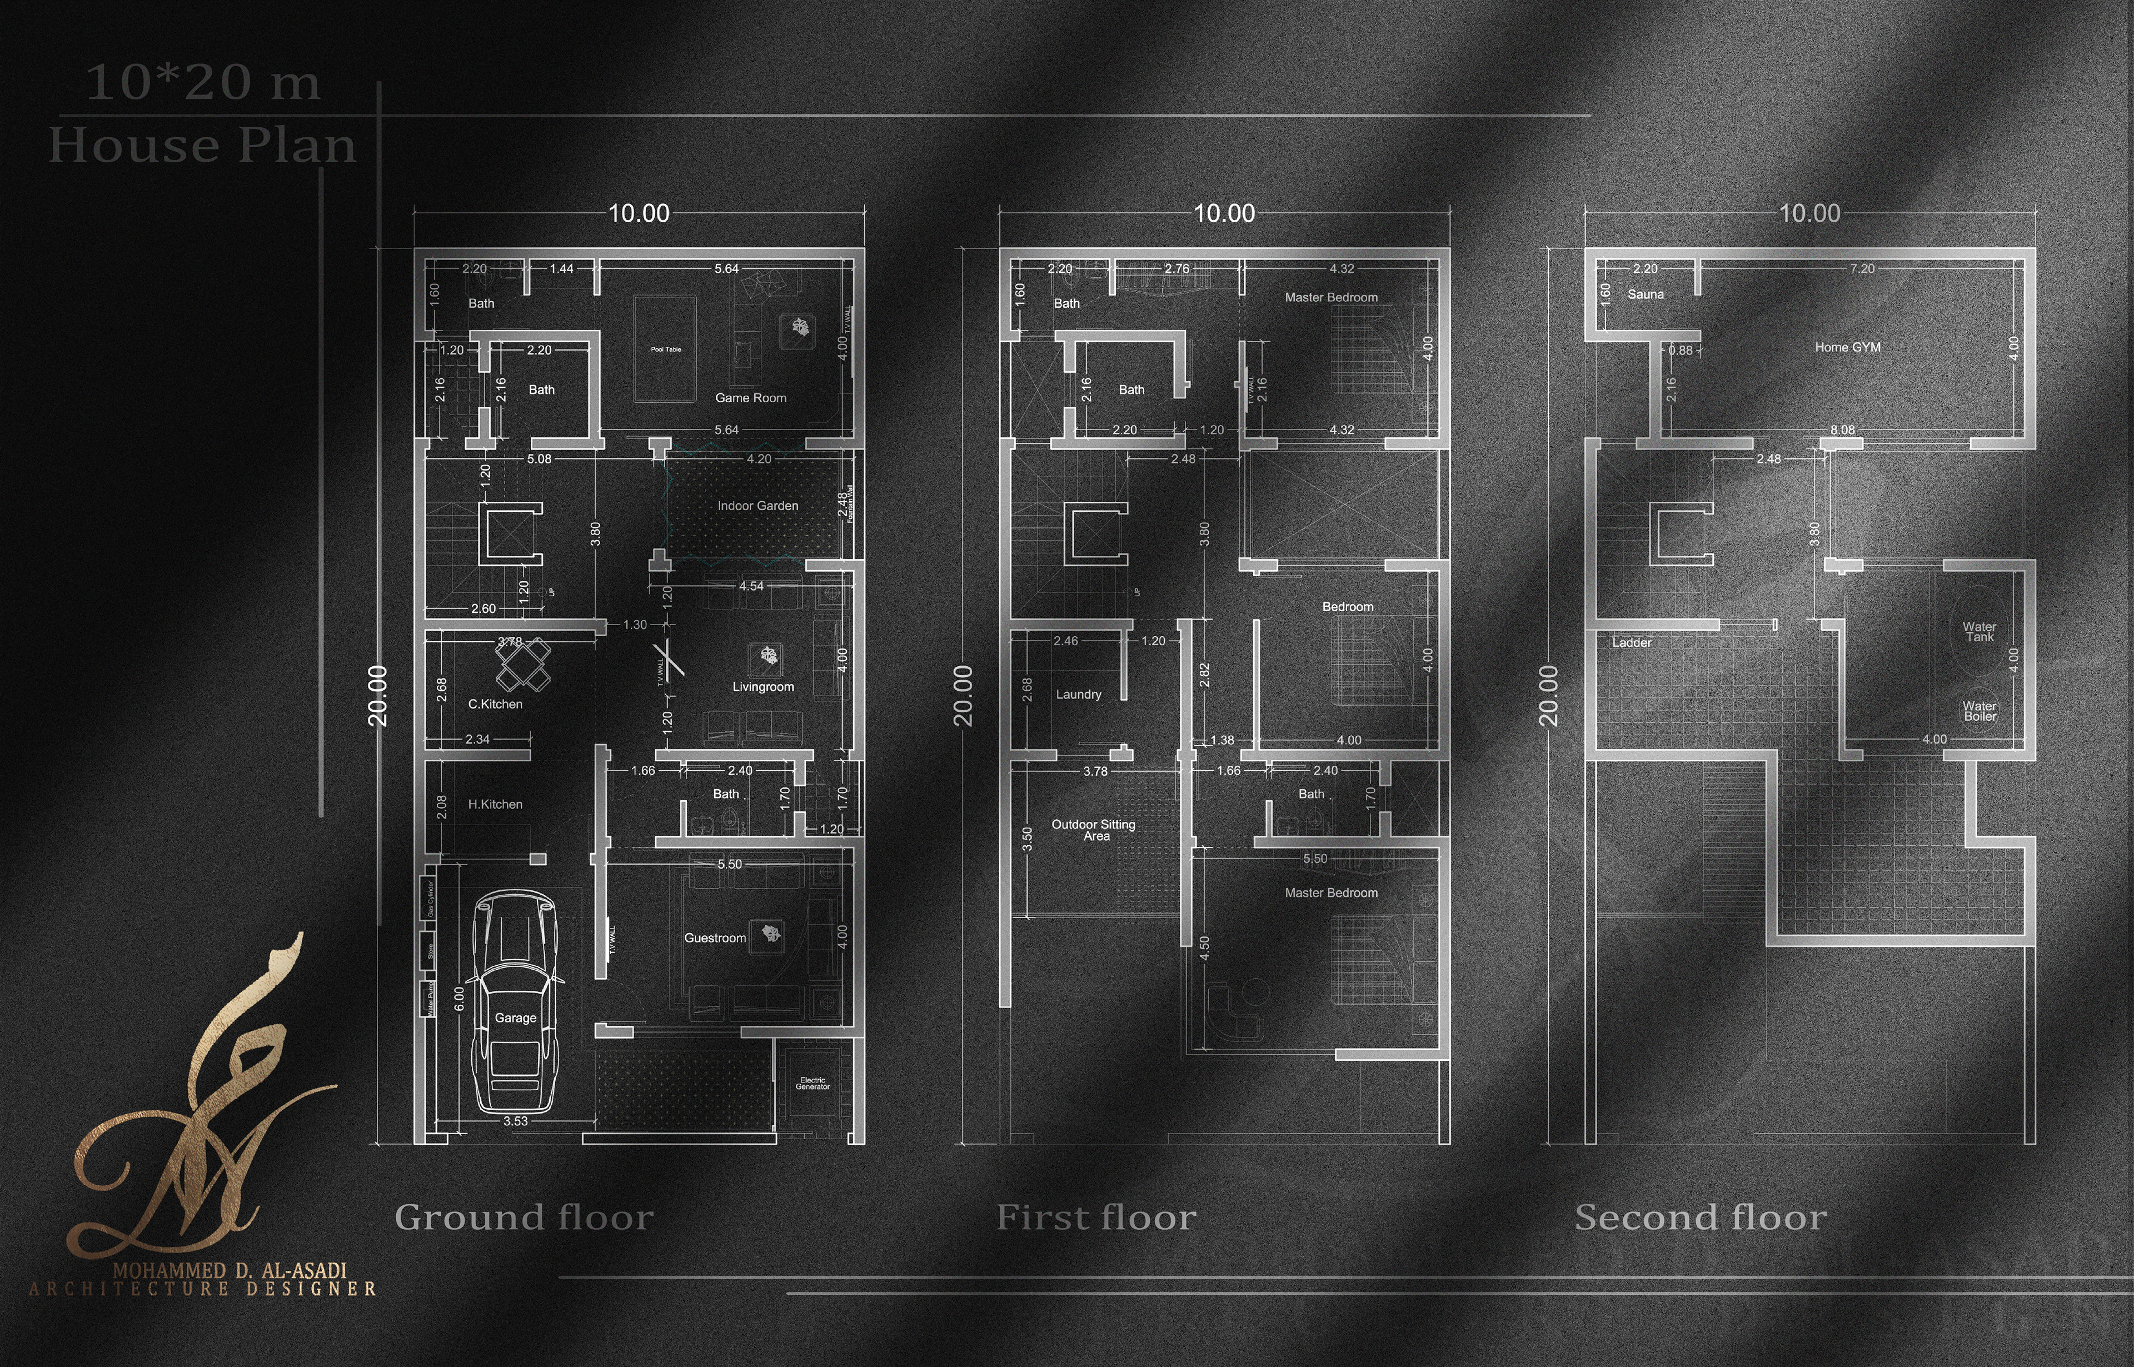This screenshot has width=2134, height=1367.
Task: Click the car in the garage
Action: click(516, 1001)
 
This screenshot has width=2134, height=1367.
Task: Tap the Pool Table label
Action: click(666, 349)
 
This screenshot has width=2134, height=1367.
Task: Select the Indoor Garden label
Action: click(757, 506)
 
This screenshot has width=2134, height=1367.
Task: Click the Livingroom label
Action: click(762, 687)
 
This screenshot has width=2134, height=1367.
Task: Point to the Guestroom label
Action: click(715, 938)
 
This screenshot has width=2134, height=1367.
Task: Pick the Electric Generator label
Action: click(812, 1083)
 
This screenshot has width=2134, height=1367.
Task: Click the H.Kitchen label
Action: click(495, 804)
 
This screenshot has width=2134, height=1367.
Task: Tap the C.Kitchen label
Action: click(495, 704)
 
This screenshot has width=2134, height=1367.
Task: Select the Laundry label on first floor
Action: click(1079, 694)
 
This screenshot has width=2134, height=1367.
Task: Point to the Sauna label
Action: click(1646, 295)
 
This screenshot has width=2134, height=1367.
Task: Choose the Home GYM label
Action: click(1847, 347)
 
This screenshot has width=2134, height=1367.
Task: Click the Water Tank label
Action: click(1978, 631)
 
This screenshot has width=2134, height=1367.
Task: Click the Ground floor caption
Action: click(523, 1217)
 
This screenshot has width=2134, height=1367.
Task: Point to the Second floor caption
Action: click(1700, 1217)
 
